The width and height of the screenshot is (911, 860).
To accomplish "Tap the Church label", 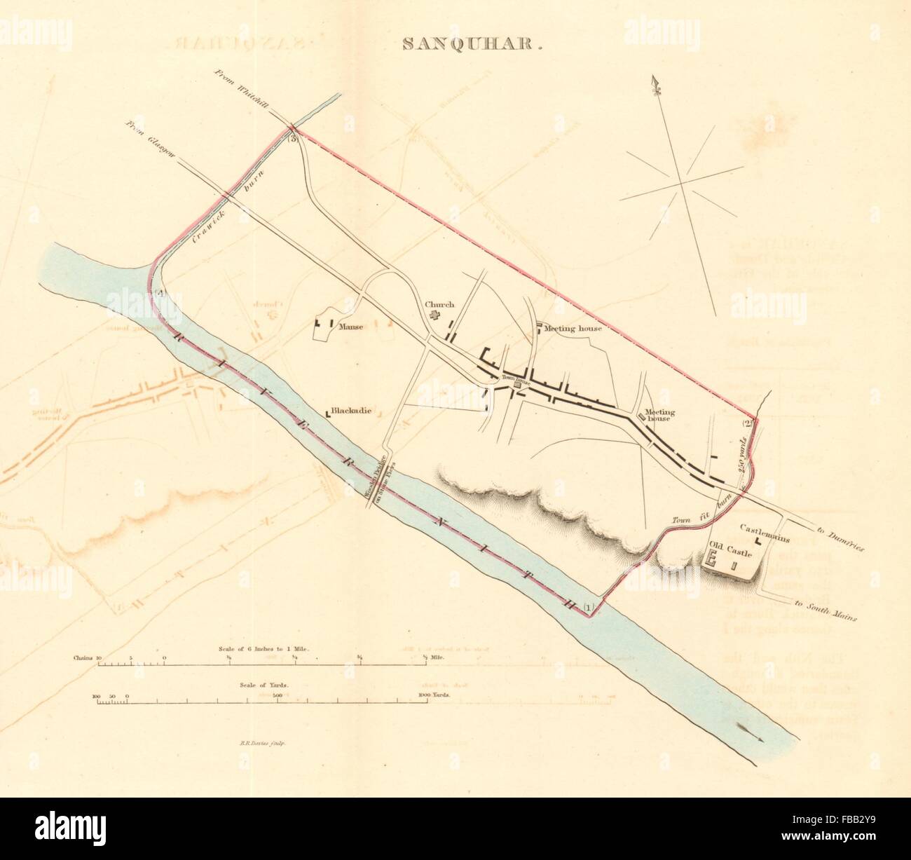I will pyautogui.click(x=439, y=305).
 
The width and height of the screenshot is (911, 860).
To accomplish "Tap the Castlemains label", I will pyautogui.click(x=765, y=539).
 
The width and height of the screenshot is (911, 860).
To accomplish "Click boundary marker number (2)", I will pyautogui.click(x=747, y=423).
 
